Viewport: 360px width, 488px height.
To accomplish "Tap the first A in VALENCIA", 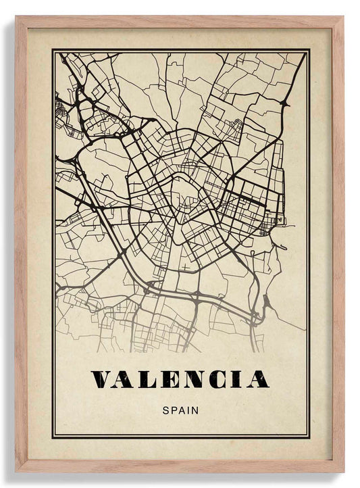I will tap(125, 379).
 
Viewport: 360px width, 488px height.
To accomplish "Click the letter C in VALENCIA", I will tap(216, 379).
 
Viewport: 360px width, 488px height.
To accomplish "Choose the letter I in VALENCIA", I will tap(235, 379).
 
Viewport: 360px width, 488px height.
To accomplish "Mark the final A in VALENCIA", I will tap(256, 379).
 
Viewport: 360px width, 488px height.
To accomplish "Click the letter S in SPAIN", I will tap(165, 409).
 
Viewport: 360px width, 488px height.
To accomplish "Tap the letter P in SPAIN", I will tap(173, 409).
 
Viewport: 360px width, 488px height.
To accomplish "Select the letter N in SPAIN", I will tap(195, 409).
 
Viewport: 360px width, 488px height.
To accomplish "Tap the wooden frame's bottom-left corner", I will tap(17, 470).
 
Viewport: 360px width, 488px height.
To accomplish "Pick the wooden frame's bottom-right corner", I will tap(342, 470).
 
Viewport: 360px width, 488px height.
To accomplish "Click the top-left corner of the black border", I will tap(53, 50).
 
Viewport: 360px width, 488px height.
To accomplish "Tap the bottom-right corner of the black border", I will tap(310, 437).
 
